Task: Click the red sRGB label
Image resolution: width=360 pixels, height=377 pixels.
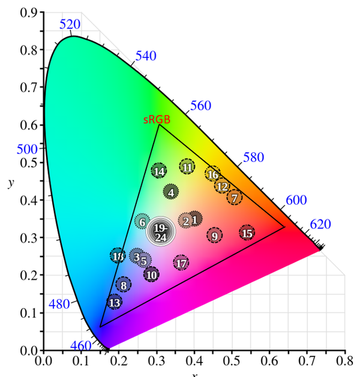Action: point(157,119)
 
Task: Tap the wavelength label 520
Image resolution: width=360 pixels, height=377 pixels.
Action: point(70,24)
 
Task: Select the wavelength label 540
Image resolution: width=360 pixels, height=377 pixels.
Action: point(146,56)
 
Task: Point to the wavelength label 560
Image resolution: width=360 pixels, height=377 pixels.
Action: point(201,106)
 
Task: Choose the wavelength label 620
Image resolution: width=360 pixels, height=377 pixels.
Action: point(320,225)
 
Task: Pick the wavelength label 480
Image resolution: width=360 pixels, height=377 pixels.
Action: point(59,304)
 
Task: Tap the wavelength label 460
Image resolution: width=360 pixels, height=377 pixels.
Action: point(80,345)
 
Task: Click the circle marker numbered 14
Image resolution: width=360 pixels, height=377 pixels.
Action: point(159,171)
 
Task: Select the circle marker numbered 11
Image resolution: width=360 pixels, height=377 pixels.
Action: point(187,167)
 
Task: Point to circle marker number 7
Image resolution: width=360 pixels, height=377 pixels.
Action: point(235,197)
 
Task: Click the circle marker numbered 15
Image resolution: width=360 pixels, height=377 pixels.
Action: point(247,233)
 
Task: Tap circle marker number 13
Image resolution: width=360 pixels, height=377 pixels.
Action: point(115,302)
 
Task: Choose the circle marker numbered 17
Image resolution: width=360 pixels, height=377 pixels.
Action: point(181,263)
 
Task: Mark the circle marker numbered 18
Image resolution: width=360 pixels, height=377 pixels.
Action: point(118,256)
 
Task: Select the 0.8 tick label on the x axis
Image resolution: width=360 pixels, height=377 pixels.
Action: point(344,361)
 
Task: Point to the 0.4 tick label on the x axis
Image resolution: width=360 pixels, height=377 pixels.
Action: point(194,361)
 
